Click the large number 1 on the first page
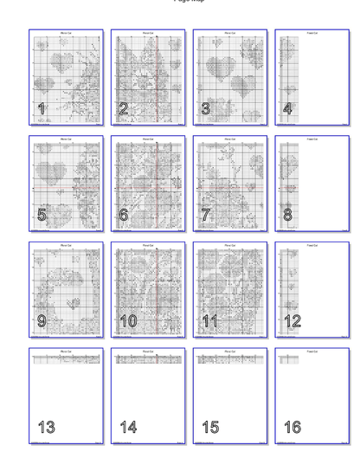tap(42, 109)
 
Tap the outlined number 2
tap(124, 109)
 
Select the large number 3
tap(206, 109)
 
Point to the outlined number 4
tap(288, 109)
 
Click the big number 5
tap(42, 215)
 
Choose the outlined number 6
tap(124, 215)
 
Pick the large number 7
tap(206, 215)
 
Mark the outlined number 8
tap(288, 215)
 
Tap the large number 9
tap(42, 321)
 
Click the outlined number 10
tap(128, 321)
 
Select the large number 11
tap(210, 321)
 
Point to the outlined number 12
tap(292, 321)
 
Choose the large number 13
tap(46, 427)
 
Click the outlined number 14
tap(128, 427)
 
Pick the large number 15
tap(210, 427)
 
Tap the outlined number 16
tap(292, 427)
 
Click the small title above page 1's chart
tap(66, 33)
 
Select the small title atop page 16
tap(312, 352)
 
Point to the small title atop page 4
tap(312, 33)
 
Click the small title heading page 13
tap(66, 352)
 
